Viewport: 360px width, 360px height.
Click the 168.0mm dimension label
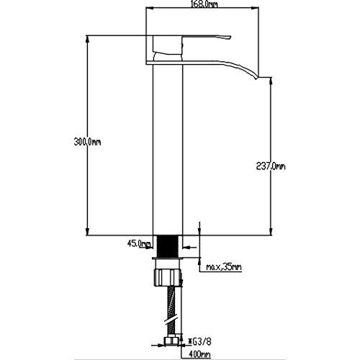pos(204,4)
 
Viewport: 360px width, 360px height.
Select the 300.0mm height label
pos(87,142)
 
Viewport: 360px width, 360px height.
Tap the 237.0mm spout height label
pos(271,166)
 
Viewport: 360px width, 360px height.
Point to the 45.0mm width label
pos(139,244)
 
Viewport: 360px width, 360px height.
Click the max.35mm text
pos(224,267)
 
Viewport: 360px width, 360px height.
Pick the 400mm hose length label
pos(200,354)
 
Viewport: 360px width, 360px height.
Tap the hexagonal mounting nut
pos(168,277)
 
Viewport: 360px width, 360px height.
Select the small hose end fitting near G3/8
pos(171,341)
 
